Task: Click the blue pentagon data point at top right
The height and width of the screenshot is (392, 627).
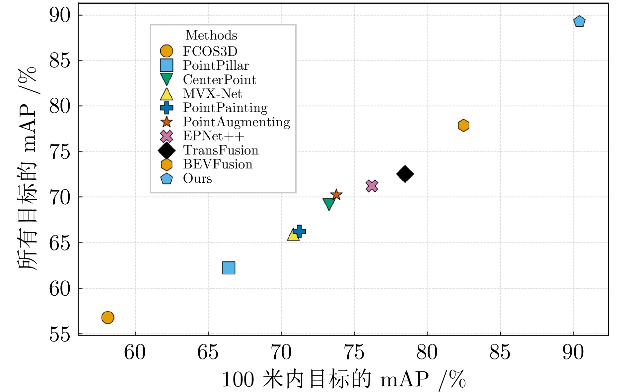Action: pos(579,22)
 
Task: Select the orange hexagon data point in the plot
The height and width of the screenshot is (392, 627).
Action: pos(463,125)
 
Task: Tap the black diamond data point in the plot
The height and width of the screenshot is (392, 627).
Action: pos(405,174)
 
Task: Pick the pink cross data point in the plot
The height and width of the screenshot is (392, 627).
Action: pos(372,186)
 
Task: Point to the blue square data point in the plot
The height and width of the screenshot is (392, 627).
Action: pos(229,268)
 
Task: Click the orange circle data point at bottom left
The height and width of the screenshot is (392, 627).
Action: pos(108,318)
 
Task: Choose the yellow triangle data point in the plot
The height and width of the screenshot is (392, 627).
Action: pos(293,235)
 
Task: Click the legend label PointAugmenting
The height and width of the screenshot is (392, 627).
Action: pos(237,122)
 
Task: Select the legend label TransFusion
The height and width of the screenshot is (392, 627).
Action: pos(221,150)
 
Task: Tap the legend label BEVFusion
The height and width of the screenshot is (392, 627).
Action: pos(218,164)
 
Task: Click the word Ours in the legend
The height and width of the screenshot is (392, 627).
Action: pos(197,179)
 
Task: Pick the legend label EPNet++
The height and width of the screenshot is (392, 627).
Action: pos(214,136)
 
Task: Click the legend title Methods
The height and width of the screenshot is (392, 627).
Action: pos(211,35)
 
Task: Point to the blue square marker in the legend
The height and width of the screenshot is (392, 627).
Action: pos(167,65)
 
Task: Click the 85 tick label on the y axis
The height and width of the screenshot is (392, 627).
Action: pos(60,61)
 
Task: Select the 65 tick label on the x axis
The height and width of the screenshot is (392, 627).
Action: pos(208,352)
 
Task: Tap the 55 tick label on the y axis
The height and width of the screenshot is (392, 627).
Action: pos(60,334)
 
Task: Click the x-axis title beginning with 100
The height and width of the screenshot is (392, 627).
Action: pos(343,379)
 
